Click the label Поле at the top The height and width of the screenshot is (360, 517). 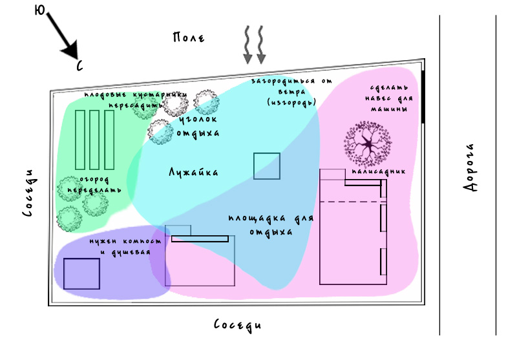(189, 37)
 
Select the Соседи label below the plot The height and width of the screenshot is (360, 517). (238, 324)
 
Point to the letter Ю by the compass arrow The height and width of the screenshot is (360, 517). (39, 11)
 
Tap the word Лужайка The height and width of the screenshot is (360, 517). (193, 173)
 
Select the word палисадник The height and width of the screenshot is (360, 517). (379, 173)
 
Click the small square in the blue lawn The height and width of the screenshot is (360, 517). (266, 166)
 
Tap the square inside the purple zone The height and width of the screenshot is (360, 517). (81, 273)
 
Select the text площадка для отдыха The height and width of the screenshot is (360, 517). (271, 225)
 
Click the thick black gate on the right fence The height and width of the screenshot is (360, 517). (423, 97)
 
